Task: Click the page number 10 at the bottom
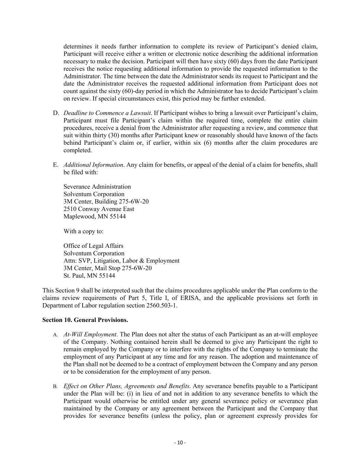[180, 443]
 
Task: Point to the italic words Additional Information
[93, 165]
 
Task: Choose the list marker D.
[56, 113]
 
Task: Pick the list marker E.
[56, 165]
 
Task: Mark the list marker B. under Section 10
[55, 386]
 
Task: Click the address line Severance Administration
[97, 187]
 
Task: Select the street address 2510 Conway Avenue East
[99, 209]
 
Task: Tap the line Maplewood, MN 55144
[95, 216]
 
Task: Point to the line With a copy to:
[83, 231]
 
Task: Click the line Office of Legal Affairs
[93, 246]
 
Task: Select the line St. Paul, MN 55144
[89, 276]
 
